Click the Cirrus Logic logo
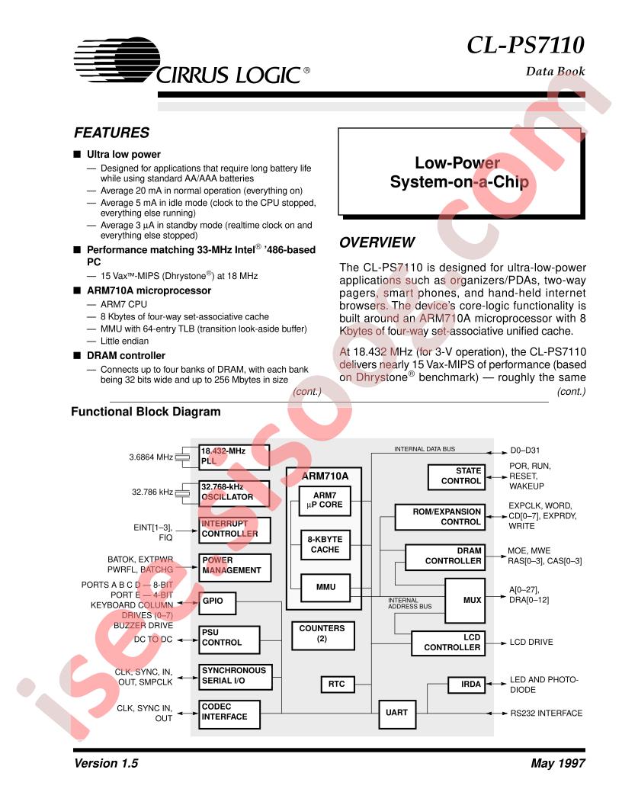[191, 62]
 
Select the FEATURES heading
[111, 133]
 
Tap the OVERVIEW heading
[377, 242]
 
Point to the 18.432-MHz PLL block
[234, 457]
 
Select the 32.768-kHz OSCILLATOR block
[234, 492]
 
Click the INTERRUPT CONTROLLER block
[234, 528]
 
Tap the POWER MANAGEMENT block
[234, 565]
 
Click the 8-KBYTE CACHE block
[324, 544]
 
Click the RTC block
[336, 684]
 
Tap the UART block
[396, 713]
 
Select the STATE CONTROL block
[457, 476]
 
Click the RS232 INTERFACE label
[546, 714]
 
